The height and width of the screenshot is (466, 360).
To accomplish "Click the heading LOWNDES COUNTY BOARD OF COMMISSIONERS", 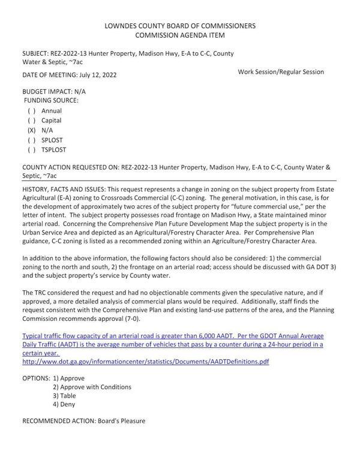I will pyautogui.click(x=180, y=26).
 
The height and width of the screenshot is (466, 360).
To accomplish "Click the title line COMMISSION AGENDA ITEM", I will pyautogui.click(x=180, y=35).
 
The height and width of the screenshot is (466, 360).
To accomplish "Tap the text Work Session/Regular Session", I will pyautogui.click(x=281, y=72).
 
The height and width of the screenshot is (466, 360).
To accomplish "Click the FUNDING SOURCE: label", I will pyautogui.click(x=51, y=101).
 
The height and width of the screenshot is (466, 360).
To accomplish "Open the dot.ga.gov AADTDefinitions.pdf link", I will pyautogui.click(x=145, y=362).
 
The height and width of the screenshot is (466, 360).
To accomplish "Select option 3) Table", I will pyautogui.click(x=64, y=396).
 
